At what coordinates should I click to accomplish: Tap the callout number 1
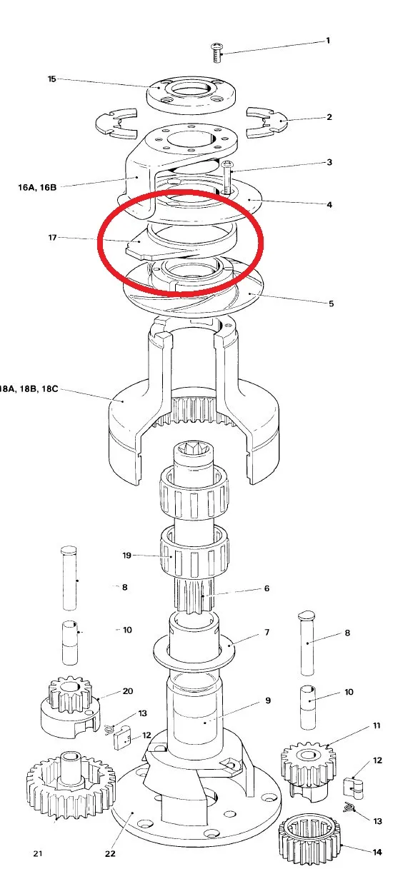328,41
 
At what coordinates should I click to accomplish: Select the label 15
51,79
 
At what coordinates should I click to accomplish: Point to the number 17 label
52,237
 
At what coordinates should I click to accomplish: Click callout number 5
331,303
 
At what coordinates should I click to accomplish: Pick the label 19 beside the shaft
127,554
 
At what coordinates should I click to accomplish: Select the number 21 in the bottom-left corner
39,854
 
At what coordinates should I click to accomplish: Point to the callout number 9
267,700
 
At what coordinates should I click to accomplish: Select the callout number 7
267,633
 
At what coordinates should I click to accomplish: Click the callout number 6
267,588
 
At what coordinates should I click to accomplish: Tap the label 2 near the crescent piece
329,116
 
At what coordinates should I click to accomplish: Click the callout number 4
329,205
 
